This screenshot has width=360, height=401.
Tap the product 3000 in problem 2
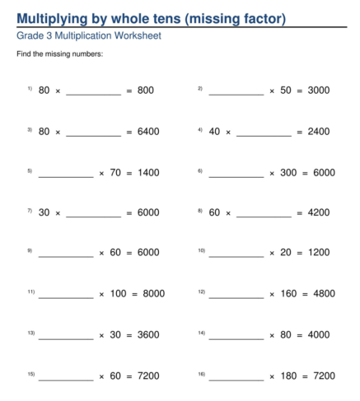(319, 91)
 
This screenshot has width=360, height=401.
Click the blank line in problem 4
(264, 133)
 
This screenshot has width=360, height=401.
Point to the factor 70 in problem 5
(115, 172)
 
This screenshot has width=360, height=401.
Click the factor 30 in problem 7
(44, 212)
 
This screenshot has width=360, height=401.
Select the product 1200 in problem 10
(319, 253)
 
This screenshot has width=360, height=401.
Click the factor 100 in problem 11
(119, 294)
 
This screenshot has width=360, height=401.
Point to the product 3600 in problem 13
(148, 334)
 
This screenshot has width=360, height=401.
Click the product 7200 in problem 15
(148, 375)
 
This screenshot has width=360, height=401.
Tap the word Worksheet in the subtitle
(138, 36)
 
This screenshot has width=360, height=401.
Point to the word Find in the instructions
(24, 54)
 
